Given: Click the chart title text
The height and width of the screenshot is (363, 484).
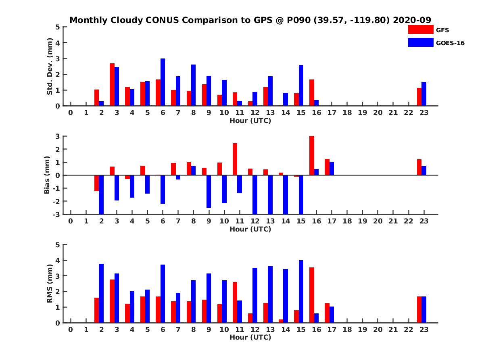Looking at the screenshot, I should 250,20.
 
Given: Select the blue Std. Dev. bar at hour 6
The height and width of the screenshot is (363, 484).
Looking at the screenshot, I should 163,82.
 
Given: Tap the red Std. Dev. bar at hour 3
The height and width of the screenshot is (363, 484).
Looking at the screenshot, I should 112,85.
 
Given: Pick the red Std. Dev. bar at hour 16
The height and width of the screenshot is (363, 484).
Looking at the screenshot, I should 312,93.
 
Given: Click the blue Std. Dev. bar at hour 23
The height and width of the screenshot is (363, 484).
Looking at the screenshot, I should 424,94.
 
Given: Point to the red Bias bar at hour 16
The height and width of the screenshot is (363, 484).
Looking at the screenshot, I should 312,156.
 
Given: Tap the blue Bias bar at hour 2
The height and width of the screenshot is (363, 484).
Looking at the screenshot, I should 101,194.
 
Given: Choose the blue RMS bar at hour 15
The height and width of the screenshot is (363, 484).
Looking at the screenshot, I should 301,291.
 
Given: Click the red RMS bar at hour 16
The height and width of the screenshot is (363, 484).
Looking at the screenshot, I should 312,295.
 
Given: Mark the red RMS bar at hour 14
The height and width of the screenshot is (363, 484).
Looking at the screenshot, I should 281,321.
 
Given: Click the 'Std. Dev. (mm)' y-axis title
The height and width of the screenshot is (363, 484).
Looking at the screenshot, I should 50,66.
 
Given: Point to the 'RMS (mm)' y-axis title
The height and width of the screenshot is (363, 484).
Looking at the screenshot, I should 50,284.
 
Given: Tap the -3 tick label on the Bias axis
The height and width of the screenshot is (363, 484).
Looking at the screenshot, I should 56,214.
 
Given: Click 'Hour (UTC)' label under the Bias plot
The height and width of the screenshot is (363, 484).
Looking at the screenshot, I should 250,229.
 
